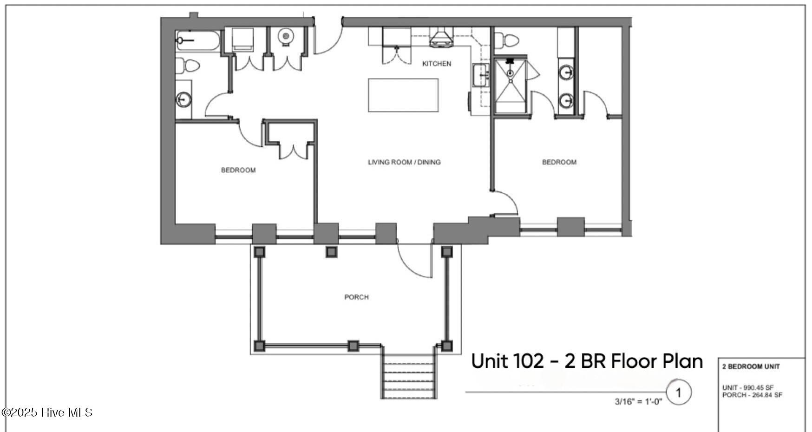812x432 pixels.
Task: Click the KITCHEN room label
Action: pos(436,64)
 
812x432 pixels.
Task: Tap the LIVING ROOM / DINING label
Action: pos(404,162)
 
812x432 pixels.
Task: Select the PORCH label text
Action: pos(356,297)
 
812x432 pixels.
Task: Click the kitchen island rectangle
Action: pos(403,95)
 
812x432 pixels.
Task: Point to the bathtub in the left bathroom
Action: pos(198,40)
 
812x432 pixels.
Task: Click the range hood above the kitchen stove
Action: pos(441,38)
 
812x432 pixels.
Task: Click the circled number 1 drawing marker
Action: pos(678,393)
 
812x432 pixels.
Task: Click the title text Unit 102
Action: pos(507,361)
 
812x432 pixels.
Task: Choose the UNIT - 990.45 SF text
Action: pos(748,387)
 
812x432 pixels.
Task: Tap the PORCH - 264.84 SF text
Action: pos(752,395)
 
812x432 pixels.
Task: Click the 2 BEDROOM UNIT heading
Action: pos(751,367)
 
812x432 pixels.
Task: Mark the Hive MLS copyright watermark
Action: pos(47,412)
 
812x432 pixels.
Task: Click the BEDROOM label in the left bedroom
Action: pos(238,170)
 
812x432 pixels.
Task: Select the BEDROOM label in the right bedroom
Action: pos(559,162)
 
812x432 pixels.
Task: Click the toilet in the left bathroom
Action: pos(187,65)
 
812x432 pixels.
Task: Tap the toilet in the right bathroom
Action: pos(506,41)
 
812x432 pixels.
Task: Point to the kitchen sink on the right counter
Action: pos(481,75)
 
